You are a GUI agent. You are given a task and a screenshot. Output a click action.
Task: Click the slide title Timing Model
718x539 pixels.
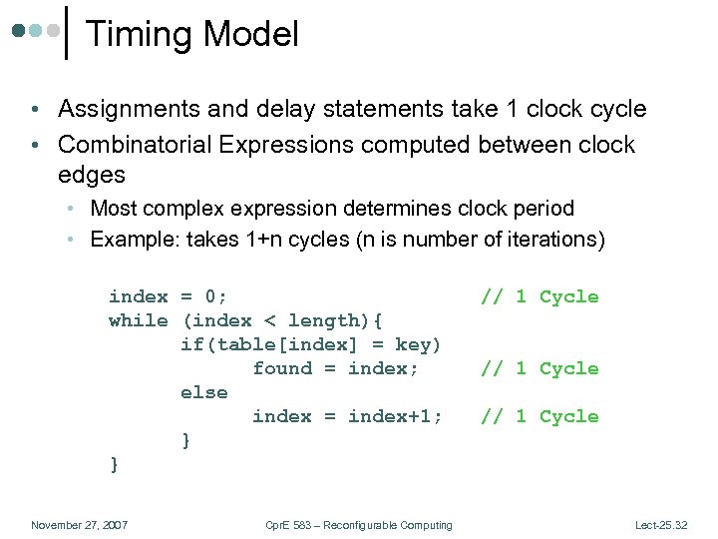point(192,34)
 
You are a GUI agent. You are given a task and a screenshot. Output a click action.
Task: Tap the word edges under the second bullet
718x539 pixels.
point(91,175)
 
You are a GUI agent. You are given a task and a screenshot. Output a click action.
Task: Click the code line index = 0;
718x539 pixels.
point(168,296)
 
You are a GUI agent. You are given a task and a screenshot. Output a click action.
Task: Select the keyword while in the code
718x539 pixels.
point(138,320)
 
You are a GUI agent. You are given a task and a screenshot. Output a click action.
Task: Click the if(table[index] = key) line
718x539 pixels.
point(310,344)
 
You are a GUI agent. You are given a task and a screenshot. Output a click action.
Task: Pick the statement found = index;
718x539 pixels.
point(335,368)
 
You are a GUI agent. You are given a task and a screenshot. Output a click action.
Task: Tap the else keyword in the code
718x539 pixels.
point(203,392)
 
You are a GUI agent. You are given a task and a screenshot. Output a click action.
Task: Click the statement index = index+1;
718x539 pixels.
point(347,416)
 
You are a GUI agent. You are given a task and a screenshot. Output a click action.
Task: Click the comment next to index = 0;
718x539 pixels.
point(539,296)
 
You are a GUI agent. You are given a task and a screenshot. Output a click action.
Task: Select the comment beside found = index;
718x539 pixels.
point(539,368)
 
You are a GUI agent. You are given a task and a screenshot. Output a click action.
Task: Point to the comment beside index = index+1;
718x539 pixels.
point(539,416)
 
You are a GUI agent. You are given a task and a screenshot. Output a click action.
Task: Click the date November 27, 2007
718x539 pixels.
point(79,525)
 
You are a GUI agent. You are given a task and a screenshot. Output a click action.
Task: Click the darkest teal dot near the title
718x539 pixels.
point(19,31)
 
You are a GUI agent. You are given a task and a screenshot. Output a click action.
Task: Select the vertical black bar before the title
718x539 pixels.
point(67,33)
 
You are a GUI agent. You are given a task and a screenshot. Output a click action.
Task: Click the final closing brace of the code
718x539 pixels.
point(114,464)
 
